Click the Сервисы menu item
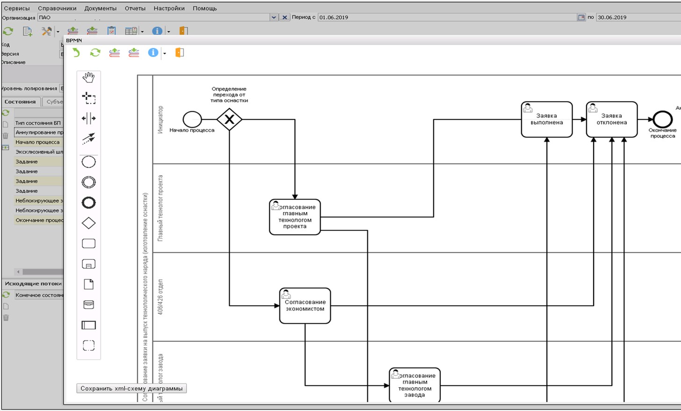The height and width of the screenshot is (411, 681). [x=17, y=8]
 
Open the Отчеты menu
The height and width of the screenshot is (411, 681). [x=135, y=8]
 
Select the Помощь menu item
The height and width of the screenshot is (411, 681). [x=205, y=8]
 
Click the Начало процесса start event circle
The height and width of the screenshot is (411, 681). [x=192, y=120]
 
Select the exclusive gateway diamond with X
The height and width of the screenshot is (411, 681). [x=229, y=120]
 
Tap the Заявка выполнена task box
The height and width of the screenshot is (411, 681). [x=546, y=120]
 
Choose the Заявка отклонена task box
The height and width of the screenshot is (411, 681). [x=611, y=120]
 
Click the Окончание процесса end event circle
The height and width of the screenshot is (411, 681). [x=662, y=120]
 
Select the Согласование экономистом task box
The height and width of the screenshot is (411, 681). [x=305, y=306]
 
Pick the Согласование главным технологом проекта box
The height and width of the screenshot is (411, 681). [x=295, y=217]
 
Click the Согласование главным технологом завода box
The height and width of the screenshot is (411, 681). [x=415, y=385]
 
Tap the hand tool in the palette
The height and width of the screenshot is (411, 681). [x=88, y=78]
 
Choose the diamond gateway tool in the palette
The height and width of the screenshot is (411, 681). [x=88, y=223]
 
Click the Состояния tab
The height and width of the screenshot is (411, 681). [x=20, y=102]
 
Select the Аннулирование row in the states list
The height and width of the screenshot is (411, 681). [x=39, y=133]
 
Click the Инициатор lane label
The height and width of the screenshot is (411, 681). [x=160, y=120]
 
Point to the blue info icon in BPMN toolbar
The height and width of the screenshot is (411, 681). [x=153, y=53]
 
